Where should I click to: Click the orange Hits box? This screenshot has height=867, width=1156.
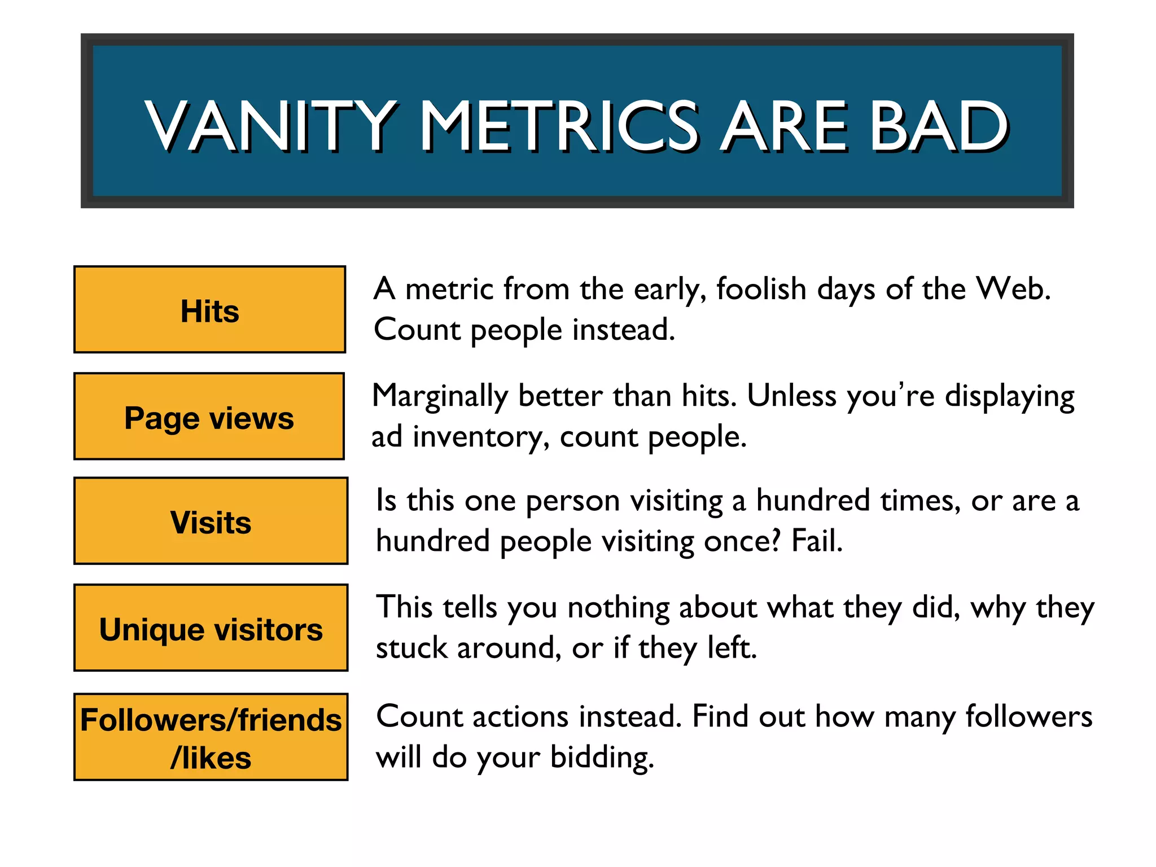209,310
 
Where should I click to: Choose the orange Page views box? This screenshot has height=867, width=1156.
209,417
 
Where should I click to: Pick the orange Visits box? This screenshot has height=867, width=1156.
211,521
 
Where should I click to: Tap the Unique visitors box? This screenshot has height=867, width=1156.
211,628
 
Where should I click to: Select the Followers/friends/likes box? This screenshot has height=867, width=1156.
211,737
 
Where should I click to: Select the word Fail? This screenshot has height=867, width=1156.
817,541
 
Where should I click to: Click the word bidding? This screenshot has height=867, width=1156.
602,757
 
